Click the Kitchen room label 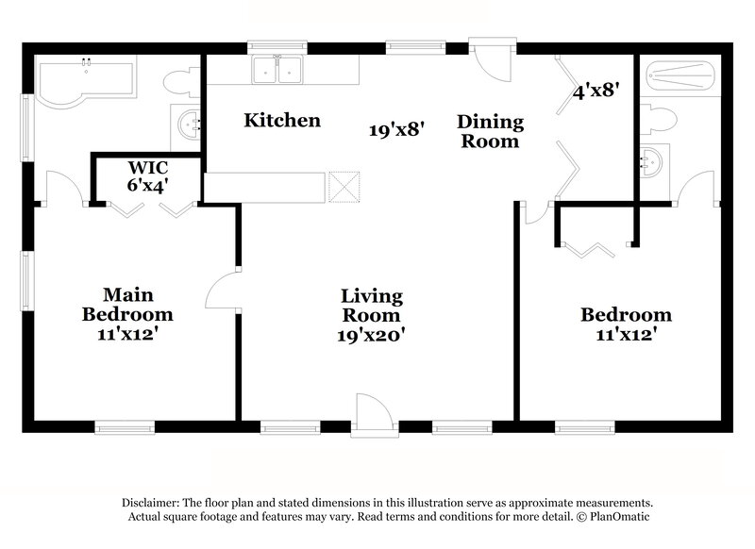pos(282,121)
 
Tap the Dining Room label pos(490,131)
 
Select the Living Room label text pos(371,306)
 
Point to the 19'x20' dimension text pos(371,334)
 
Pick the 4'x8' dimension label pos(596,91)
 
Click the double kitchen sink pos(277,69)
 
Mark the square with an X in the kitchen pos(345,187)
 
